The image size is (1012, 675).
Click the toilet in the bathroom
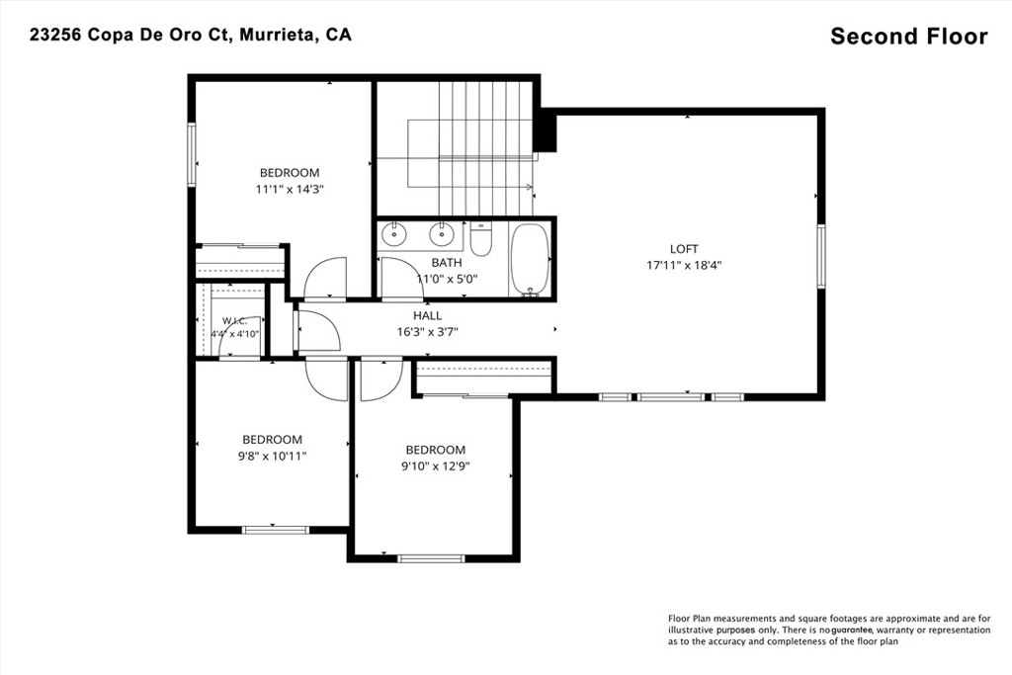coord(481,239)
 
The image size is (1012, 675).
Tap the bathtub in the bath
coord(530,260)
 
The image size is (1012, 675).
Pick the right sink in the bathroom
coord(442,234)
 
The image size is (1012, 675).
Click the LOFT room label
coord(684,249)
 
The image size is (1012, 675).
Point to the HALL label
coord(427,315)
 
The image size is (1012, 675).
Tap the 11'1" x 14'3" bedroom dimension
coord(290,190)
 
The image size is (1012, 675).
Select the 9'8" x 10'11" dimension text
coord(272,457)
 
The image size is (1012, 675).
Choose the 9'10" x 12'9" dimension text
coord(435,466)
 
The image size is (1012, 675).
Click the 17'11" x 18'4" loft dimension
coord(684,265)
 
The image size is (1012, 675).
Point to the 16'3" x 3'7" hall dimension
coord(427,332)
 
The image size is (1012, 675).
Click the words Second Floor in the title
coord(909,37)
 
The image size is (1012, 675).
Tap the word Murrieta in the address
coord(278,35)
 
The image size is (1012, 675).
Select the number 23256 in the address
coord(55,35)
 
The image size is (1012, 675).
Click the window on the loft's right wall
coord(821,256)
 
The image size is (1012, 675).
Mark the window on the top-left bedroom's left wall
coord(192,154)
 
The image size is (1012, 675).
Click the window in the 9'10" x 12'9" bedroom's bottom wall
coord(431,558)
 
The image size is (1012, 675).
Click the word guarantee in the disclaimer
coord(852,630)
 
